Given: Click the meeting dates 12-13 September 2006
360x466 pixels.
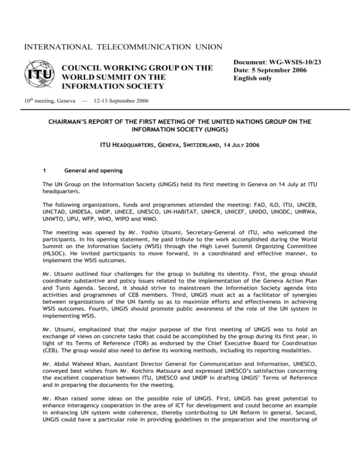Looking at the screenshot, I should point(124,100).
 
